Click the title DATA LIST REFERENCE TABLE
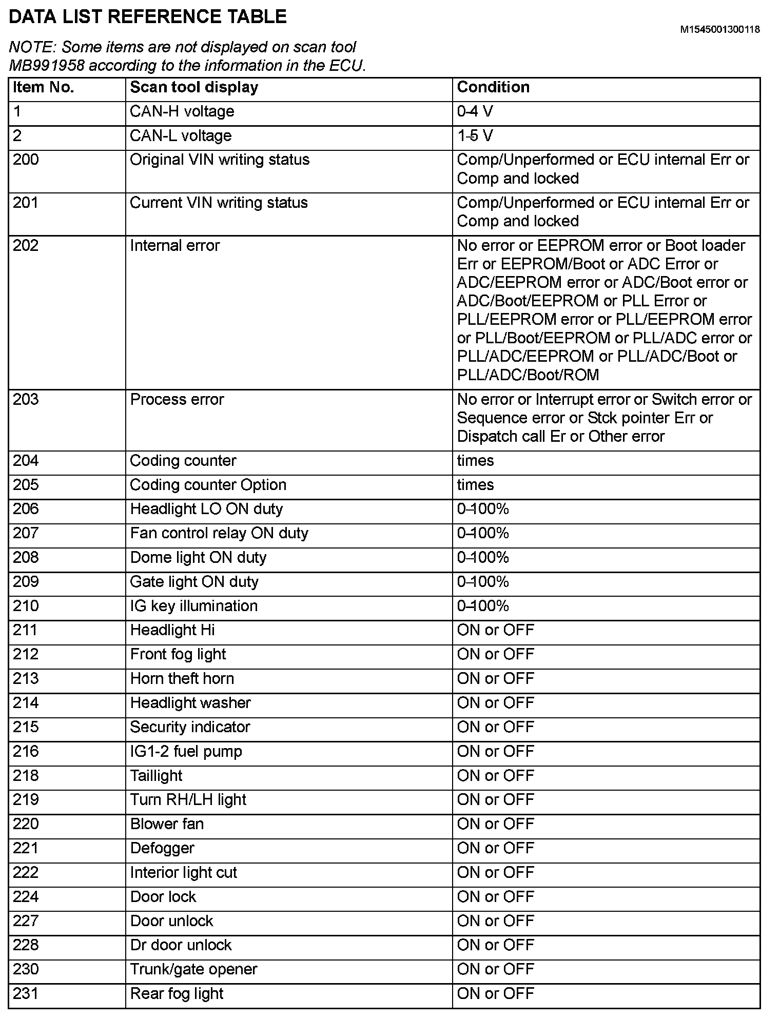click(x=148, y=17)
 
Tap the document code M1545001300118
click(x=719, y=30)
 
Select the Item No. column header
click(x=44, y=87)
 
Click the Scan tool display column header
click(x=194, y=87)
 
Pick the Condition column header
click(x=493, y=87)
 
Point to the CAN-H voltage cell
click(x=182, y=111)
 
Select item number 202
click(x=26, y=246)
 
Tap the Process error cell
click(x=177, y=400)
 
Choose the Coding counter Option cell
click(x=208, y=485)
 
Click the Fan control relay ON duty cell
click(x=219, y=533)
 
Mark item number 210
click(x=26, y=606)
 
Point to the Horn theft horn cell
click(x=182, y=678)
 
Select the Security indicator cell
click(x=190, y=727)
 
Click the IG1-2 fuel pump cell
click(x=186, y=752)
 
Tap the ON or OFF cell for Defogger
click(x=496, y=848)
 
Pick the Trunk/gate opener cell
click(x=193, y=969)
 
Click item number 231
click(x=26, y=994)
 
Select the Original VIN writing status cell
click(x=220, y=160)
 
